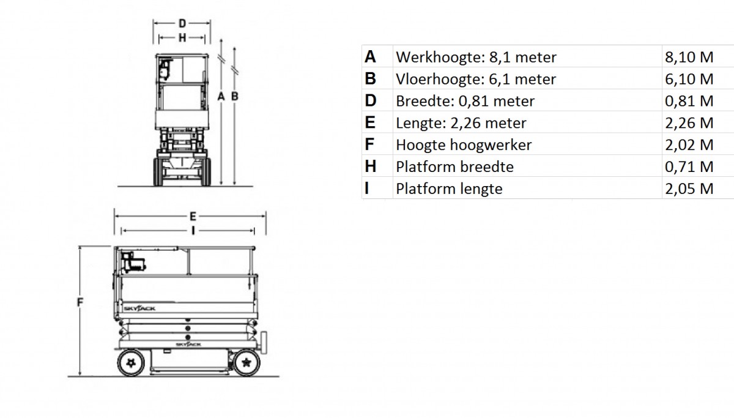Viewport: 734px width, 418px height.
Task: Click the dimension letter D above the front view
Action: coord(182,23)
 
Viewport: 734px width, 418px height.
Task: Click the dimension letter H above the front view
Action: coord(182,38)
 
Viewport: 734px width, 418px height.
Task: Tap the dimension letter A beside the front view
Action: coord(221,96)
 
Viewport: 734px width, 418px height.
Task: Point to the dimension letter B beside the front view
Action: coord(235,96)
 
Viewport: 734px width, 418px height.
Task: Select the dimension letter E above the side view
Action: coord(193,217)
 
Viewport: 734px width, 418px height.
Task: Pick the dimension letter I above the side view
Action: coord(193,231)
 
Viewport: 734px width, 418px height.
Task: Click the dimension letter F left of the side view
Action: coord(80,302)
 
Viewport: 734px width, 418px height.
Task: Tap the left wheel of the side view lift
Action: coord(131,362)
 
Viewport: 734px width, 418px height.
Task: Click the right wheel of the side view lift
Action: coord(247,362)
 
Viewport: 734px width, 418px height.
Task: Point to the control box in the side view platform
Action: coord(133,263)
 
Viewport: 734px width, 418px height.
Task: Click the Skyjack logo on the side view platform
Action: coord(139,308)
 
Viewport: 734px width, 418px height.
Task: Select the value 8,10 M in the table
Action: coord(689,57)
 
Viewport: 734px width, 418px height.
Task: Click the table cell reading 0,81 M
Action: coord(689,101)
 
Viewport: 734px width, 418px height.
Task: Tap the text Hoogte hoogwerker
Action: coord(464,145)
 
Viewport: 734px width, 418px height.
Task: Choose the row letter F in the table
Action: coord(369,144)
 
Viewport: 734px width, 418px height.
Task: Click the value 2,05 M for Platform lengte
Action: coord(689,189)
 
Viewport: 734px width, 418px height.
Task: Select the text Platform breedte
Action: coord(455,167)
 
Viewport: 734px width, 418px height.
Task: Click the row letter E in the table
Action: coord(370,122)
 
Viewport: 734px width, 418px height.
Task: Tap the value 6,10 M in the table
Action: coord(689,79)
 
